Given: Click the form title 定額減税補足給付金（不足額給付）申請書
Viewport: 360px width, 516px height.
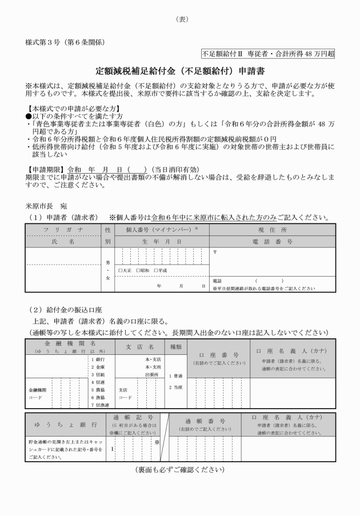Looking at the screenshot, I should click(x=180, y=72).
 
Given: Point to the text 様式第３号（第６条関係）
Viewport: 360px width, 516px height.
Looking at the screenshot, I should click(x=64, y=42).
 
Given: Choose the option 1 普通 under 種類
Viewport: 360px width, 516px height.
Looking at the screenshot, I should click(x=175, y=375).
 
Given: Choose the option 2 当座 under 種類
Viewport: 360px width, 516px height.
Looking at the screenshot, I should click(x=175, y=387).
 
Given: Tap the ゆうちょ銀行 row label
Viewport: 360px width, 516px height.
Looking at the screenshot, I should click(x=65, y=425).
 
